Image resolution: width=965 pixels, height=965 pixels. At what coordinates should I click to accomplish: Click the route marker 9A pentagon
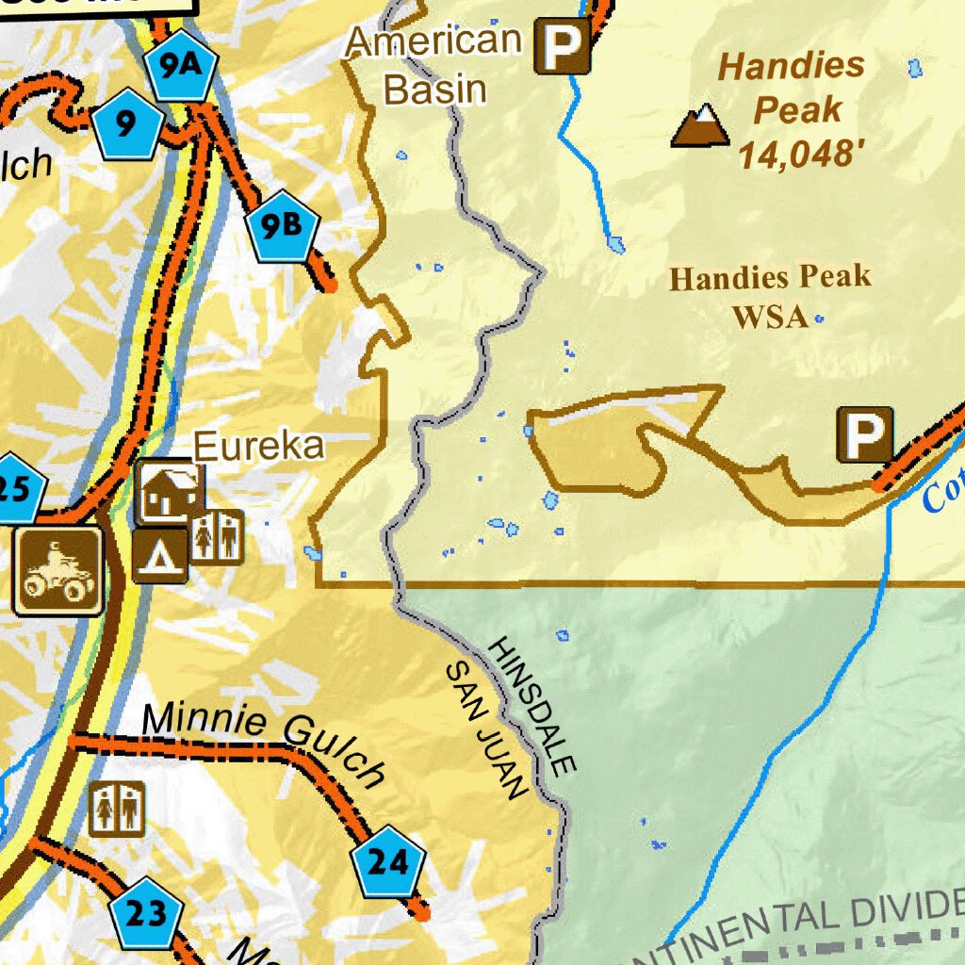(181, 68)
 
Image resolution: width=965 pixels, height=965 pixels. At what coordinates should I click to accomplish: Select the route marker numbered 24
(387, 861)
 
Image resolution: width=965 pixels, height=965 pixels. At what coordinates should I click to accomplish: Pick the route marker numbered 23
(145, 913)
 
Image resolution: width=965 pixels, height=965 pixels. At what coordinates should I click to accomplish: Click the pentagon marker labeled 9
(127, 123)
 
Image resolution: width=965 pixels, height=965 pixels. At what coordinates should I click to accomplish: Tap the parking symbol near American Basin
(563, 46)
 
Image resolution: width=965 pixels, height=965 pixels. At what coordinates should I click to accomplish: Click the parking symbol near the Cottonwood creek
(865, 435)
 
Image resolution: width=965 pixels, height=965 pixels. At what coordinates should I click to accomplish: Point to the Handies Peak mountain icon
(700, 126)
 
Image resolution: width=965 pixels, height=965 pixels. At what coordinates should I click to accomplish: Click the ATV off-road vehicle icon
(57, 571)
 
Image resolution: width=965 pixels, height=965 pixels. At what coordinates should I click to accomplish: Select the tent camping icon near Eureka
(159, 556)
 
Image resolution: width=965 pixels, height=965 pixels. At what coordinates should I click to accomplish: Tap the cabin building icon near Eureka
(169, 491)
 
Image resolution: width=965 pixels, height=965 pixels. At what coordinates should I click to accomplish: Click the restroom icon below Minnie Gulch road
(118, 809)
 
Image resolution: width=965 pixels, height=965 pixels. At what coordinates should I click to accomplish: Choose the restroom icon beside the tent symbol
(217, 537)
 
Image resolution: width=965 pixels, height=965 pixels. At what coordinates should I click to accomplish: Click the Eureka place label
(259, 447)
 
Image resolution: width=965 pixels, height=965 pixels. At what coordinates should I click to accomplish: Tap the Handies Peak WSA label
(770, 297)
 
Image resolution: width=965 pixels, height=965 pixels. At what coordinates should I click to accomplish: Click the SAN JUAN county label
(484, 730)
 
